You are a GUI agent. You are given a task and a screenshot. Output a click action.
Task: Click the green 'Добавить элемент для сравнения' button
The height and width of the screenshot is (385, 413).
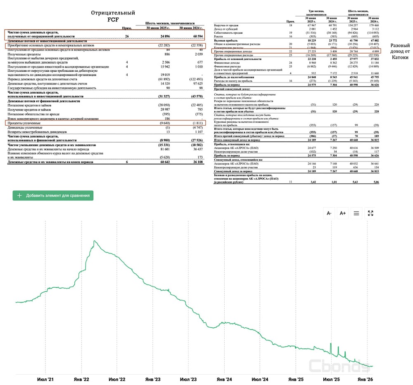pyautogui.click(x=53, y=195)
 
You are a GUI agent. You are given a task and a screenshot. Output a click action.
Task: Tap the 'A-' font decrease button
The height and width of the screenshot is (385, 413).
pyautogui.click(x=329, y=213)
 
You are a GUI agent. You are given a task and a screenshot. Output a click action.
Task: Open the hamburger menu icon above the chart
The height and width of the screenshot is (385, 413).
pyautogui.click(x=356, y=213)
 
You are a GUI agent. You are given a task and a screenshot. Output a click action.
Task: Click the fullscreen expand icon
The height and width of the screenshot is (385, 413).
pyautogui.click(x=370, y=213)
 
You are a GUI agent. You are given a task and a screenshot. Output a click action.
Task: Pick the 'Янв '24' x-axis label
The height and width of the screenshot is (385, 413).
pyautogui.click(x=223, y=379)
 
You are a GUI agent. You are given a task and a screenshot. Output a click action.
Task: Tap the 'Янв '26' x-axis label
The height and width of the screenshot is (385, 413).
pyautogui.click(x=365, y=379)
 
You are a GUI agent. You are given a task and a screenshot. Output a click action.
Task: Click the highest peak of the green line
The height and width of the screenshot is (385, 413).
pyautogui.click(x=95, y=241)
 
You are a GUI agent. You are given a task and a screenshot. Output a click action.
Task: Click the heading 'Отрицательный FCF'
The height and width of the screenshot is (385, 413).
pyautogui.click(x=113, y=16)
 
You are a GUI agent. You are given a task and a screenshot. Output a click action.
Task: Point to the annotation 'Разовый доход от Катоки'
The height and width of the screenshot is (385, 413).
pyautogui.click(x=400, y=52)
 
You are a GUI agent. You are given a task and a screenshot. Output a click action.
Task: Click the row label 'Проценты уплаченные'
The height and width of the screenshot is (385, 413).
pyautogui.click(x=24, y=123)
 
